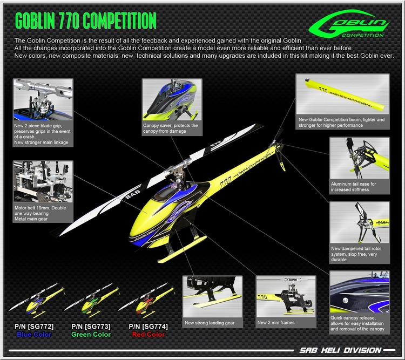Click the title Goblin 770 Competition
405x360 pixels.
click(x=85, y=21)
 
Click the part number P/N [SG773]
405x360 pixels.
click(x=90, y=327)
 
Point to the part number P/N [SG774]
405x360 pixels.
click(x=147, y=327)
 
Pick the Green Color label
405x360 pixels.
click(x=90, y=335)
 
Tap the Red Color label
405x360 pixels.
click(x=147, y=335)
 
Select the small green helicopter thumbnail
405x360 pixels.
click(x=92, y=302)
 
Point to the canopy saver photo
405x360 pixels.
click(x=170, y=100)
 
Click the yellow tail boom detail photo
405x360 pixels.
click(x=342, y=94)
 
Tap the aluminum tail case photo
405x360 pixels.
click(x=359, y=159)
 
